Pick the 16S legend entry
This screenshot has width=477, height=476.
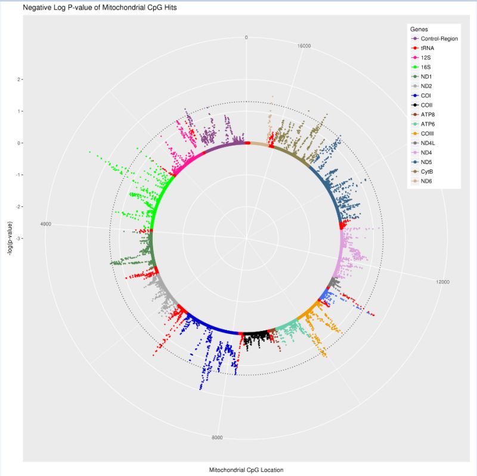click(x=426, y=67)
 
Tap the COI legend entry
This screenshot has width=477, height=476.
click(x=426, y=95)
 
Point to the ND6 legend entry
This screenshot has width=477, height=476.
click(x=426, y=181)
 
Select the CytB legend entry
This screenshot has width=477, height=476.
click(x=427, y=172)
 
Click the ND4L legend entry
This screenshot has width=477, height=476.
click(x=429, y=143)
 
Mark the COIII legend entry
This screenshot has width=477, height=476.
click(x=428, y=134)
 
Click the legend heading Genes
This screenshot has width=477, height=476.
click(x=418, y=29)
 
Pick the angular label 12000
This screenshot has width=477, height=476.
click(x=442, y=282)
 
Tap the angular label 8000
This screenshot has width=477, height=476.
click(x=218, y=438)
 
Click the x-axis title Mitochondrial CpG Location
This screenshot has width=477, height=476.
click(x=246, y=470)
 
